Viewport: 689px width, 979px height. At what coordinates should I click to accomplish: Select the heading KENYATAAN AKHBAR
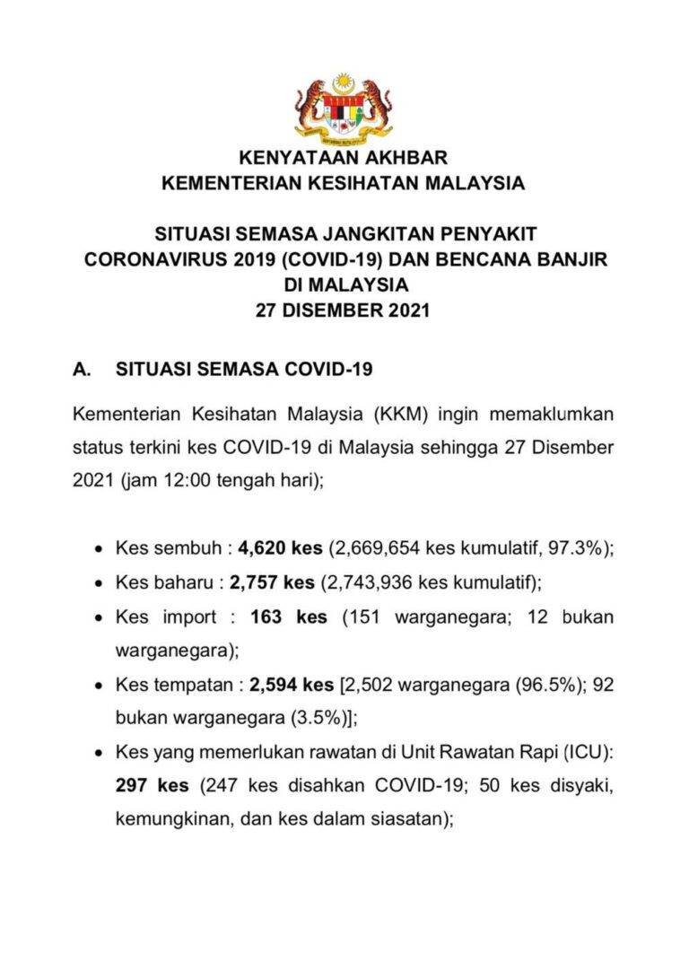tap(343, 160)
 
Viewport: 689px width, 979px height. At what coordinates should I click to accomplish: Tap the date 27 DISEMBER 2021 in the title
tap(344, 311)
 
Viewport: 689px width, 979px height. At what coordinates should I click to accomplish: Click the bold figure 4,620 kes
tap(281, 549)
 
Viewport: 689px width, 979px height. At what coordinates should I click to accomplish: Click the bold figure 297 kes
tap(153, 785)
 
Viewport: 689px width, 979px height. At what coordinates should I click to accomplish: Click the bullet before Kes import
tap(99, 618)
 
